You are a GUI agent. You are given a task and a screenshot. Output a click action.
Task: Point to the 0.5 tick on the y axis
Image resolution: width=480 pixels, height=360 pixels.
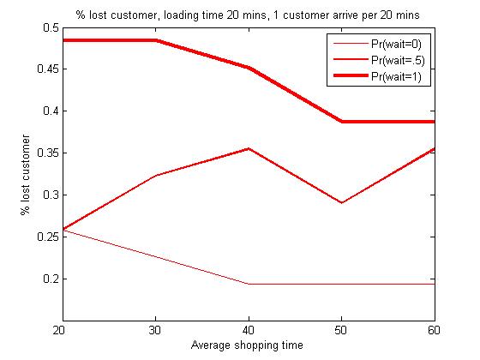coord(51,27)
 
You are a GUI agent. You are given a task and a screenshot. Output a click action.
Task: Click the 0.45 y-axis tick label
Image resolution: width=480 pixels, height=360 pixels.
coord(48,69)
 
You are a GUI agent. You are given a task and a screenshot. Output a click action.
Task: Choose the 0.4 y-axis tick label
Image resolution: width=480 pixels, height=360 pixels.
coord(51,111)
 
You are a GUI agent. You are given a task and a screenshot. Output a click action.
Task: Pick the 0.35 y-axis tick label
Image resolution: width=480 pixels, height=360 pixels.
coord(48,153)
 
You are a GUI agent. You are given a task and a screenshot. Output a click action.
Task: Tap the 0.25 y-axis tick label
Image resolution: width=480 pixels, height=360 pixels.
coord(48,237)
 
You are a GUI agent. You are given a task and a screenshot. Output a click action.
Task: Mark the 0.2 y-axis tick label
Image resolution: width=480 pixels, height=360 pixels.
coord(51,279)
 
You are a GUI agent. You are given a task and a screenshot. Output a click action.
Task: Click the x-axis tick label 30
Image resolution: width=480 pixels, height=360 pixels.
coord(155,330)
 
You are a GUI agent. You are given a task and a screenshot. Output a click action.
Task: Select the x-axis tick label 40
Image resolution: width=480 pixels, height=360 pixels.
coord(249,330)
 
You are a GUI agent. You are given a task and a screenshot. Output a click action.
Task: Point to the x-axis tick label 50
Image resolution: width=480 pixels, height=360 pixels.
coord(341,330)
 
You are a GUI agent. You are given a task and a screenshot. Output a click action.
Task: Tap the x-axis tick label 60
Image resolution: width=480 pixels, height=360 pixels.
coord(434,330)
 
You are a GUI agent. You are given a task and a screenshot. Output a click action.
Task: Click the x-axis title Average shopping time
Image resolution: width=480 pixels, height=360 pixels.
coord(247,345)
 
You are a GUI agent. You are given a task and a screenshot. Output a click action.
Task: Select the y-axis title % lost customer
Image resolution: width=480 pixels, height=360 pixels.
coord(26,175)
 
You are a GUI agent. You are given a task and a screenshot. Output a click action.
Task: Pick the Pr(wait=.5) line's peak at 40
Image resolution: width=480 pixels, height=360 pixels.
coord(249,149)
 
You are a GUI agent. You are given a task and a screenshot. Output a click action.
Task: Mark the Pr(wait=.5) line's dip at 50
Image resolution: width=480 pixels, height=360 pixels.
coord(341,202)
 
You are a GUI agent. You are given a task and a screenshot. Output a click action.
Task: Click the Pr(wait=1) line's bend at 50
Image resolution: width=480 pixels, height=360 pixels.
coord(341,122)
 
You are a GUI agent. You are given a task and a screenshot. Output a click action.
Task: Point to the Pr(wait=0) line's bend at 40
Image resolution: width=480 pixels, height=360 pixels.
coord(249,284)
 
